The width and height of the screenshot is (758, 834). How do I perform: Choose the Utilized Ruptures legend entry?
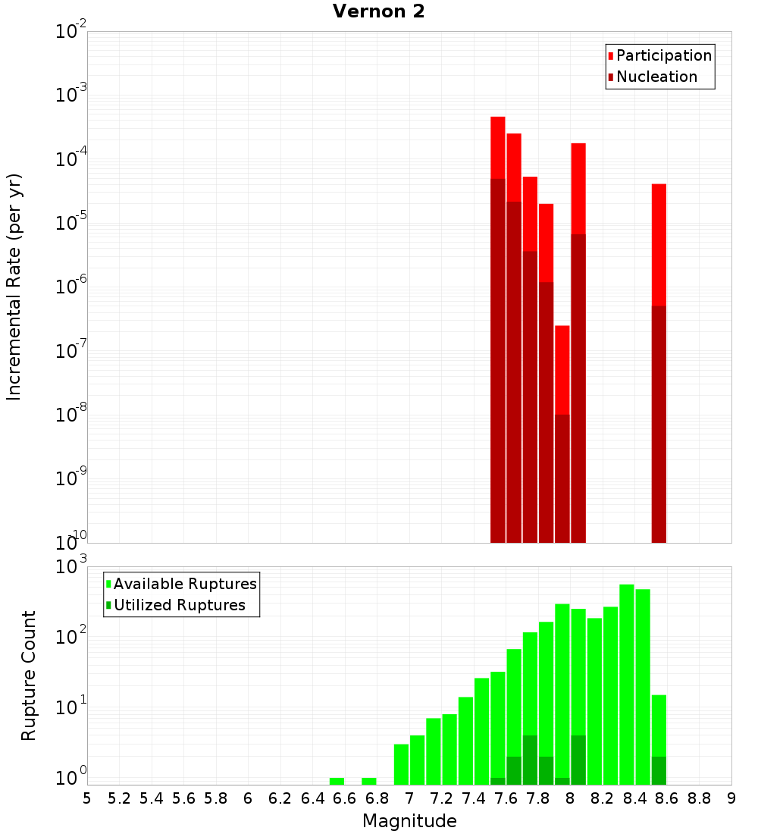point(178,605)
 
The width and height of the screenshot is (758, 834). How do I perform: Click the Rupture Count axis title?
point(29,676)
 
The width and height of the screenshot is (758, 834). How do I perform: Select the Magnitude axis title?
point(409,821)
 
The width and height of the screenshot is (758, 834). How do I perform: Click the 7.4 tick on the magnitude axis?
point(474,798)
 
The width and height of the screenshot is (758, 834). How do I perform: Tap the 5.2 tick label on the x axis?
point(119,798)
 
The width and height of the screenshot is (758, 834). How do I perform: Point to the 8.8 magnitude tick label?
point(699,798)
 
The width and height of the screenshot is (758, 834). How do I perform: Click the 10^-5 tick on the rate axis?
point(71,223)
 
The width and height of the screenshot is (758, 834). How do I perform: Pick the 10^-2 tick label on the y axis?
point(71,32)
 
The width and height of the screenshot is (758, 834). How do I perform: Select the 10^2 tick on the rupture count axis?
point(71,637)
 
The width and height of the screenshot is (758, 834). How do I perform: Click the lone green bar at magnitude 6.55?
point(337,781)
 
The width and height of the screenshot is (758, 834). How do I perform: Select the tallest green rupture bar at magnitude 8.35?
point(627,682)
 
